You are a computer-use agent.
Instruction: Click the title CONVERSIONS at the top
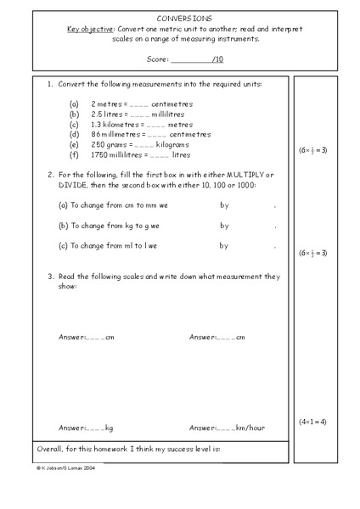(x=179, y=17)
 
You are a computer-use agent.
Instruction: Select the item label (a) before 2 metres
(x=74, y=104)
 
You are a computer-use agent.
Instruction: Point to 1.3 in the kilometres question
(x=97, y=125)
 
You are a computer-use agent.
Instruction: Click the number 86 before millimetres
(x=96, y=135)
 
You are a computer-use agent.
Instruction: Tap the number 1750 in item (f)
(x=101, y=155)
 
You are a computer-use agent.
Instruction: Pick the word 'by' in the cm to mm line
(x=224, y=205)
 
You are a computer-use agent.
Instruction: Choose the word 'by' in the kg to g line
(x=224, y=226)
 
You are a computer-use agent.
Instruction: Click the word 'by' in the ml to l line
(x=224, y=246)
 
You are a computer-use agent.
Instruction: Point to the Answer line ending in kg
(x=86, y=428)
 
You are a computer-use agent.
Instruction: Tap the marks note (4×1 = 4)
(x=312, y=422)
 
